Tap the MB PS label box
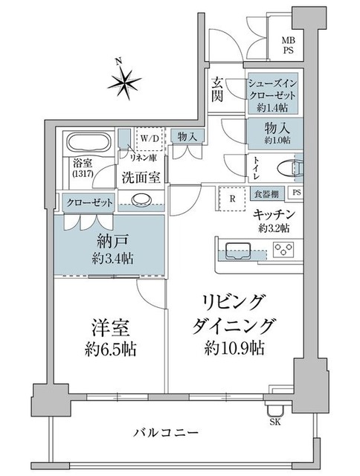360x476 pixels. (287, 47)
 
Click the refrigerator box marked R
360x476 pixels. (232, 198)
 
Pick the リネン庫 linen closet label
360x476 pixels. (141, 158)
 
